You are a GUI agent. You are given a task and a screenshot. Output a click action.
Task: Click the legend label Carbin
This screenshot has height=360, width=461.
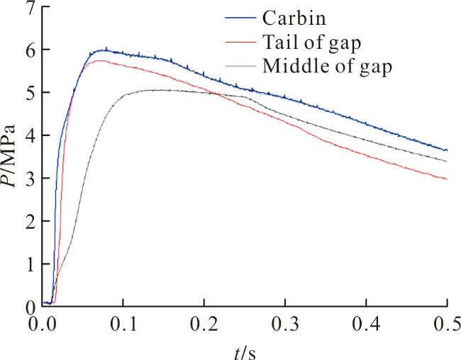[x=294, y=18]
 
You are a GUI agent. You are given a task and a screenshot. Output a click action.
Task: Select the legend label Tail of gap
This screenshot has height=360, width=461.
[x=311, y=43]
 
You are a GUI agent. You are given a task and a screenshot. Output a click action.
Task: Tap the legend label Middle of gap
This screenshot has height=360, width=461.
[x=327, y=67]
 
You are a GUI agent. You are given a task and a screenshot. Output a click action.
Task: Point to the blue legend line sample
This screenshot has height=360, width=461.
[x=240, y=18]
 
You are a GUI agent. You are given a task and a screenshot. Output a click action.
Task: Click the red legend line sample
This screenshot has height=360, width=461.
[x=240, y=43]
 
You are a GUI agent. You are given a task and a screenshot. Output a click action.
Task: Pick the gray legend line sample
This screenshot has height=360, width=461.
[x=240, y=66]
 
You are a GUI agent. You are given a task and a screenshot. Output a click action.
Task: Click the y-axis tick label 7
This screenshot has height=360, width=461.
[x=30, y=9]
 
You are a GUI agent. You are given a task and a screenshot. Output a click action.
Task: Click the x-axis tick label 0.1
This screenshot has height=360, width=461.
[x=123, y=324]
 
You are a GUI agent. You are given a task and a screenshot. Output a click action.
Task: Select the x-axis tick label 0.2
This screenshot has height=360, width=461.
[x=204, y=324]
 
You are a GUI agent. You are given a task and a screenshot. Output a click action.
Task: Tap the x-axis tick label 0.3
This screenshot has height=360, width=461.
[x=285, y=324]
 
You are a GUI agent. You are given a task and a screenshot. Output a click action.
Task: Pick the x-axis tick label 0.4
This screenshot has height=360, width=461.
[x=367, y=324]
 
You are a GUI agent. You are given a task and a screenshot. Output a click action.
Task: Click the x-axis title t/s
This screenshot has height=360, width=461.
[x=245, y=352]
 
